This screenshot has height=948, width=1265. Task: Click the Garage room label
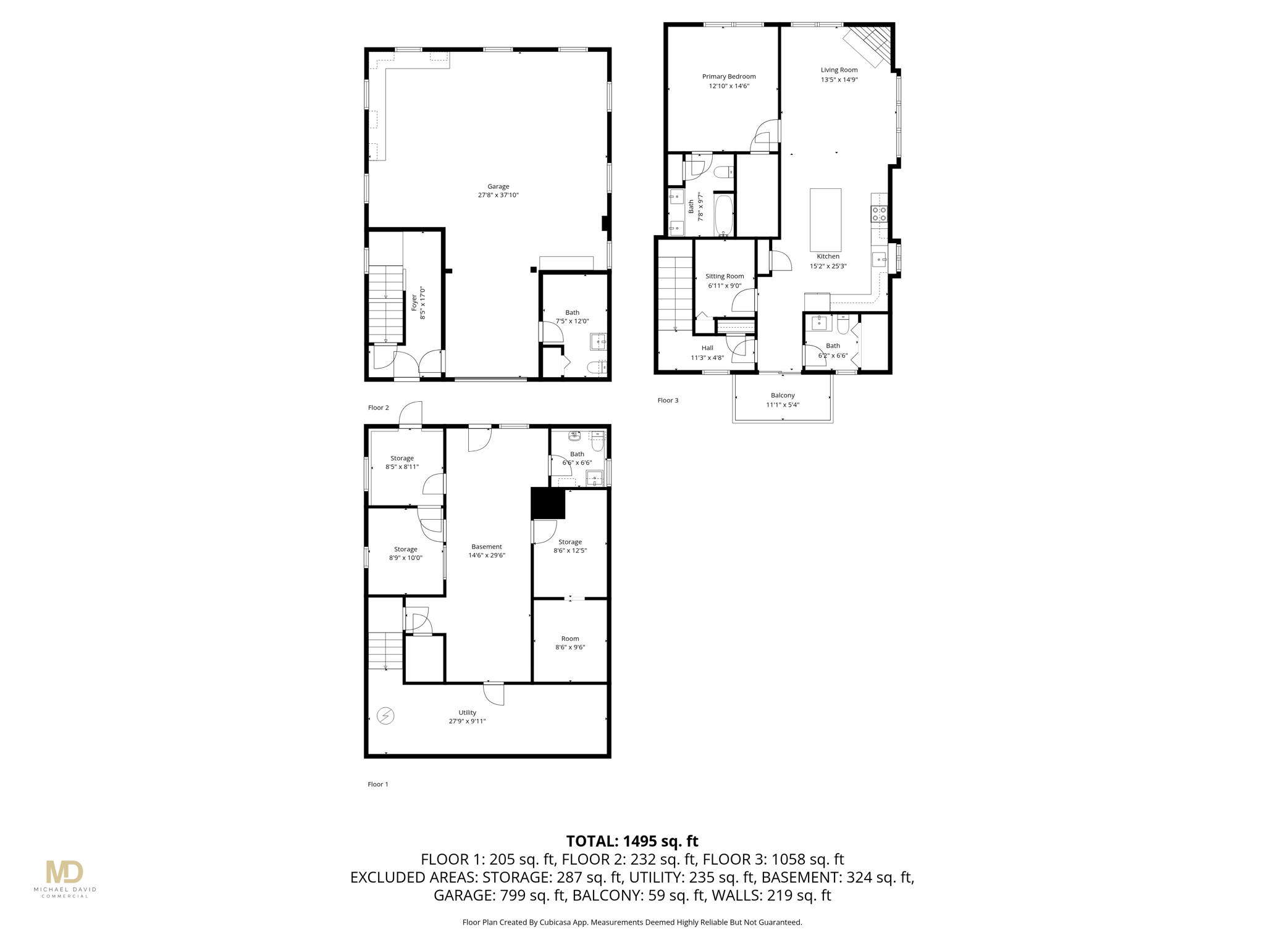(498, 186)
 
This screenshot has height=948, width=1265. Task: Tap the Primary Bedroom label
(729, 77)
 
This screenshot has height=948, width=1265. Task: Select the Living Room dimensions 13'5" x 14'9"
(839, 80)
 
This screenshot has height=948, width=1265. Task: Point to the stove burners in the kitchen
(880, 214)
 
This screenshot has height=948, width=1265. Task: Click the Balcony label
(783, 395)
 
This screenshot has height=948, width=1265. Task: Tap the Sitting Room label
(725, 276)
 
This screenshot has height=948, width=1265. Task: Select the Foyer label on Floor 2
(414, 302)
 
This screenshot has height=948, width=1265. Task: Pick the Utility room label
(467, 713)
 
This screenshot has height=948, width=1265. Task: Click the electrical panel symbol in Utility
(385, 715)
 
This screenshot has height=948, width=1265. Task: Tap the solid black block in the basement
(548, 503)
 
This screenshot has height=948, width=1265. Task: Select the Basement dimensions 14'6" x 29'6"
(487, 555)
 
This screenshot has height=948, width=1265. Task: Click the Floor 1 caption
(378, 784)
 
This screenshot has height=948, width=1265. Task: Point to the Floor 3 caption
(668, 401)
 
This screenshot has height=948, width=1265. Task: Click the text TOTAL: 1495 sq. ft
(632, 841)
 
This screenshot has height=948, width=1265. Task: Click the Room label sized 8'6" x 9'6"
(570, 639)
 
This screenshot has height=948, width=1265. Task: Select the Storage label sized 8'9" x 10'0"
(405, 549)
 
